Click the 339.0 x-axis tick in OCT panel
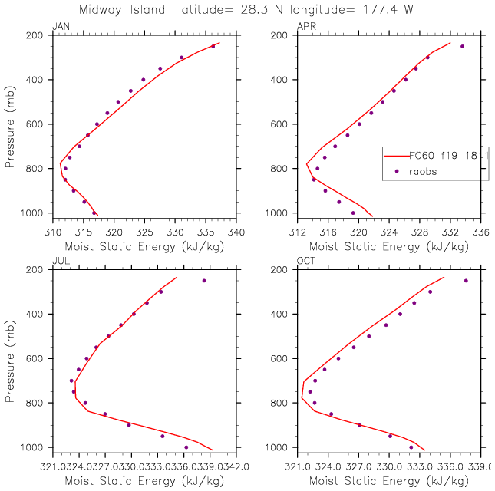pos(480,466)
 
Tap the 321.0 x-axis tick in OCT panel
pos(298,466)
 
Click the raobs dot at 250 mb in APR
pos(462,46)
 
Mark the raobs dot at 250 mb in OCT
pos(466,281)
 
